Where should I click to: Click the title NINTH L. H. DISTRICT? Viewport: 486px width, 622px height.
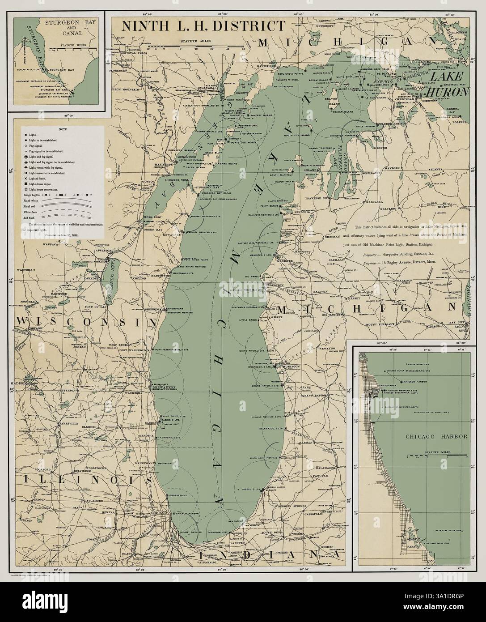pos(203,26)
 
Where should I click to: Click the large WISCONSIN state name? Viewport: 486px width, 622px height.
pos(80,322)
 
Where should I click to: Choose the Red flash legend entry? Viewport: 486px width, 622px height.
pos(36,216)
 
